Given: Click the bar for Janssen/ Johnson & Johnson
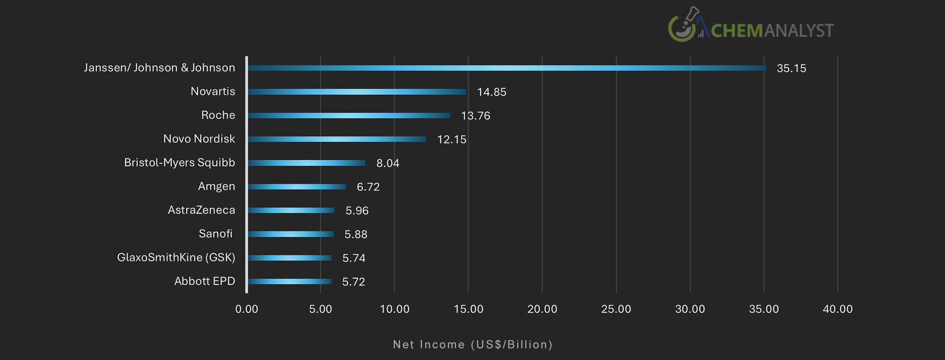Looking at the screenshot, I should tap(506, 68).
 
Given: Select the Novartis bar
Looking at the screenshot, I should tap(357, 92).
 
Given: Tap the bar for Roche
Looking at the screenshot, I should tap(349, 116).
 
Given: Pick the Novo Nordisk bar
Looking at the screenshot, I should tap(337, 139).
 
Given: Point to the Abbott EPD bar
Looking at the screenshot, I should tap(289, 282).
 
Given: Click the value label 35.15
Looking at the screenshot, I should tap(791, 68).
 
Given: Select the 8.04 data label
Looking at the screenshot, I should tap(387, 163).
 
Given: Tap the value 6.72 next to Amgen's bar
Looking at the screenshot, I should tap(368, 187).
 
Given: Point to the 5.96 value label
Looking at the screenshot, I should tap(357, 211).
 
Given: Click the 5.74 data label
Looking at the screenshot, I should tap(354, 258).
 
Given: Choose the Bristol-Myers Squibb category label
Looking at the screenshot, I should tap(180, 162).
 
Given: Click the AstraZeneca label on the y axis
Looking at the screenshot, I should tap(201, 210).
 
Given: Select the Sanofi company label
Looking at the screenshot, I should tap(216, 234).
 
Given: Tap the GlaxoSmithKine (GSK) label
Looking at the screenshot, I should tap(176, 257).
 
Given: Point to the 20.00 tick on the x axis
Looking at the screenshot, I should tap(542, 309).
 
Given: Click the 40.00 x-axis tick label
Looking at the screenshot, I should tap(837, 309).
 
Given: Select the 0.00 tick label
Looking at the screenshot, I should tap(247, 309).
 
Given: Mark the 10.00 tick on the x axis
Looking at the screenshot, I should tap(394, 309).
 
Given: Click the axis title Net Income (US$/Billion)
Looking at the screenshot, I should tap(472, 345).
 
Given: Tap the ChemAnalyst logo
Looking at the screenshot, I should tap(751, 26).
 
